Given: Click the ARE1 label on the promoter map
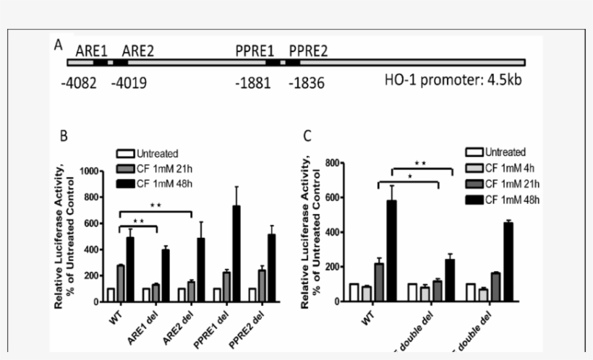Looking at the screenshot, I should (x=91, y=51).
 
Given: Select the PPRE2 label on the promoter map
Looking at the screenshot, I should (x=308, y=51).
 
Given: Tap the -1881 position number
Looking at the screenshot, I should (x=252, y=83).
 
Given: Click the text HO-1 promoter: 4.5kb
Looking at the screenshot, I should (x=453, y=79).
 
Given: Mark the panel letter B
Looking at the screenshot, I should (x=64, y=136).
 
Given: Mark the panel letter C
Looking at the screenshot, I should (x=307, y=135).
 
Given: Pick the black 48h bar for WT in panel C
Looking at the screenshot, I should (x=392, y=250).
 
